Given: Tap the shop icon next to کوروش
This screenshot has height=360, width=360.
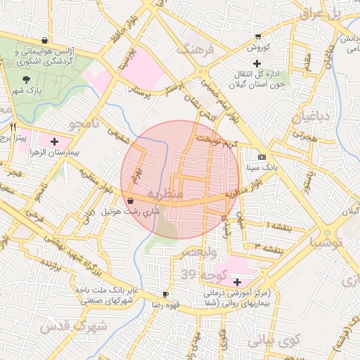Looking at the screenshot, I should (x=258, y=36).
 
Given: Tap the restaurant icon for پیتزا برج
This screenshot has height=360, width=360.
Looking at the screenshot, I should (x=13, y=127).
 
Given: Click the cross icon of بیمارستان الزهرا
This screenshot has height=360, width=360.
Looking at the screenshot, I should (x=53, y=141).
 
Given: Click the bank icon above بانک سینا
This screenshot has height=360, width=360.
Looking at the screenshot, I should (x=262, y=157).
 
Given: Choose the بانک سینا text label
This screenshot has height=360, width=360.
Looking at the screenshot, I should (x=262, y=168).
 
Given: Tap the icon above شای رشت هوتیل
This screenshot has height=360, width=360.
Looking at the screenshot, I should (x=131, y=200).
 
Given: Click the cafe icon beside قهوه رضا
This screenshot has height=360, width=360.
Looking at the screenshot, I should (x=165, y=295).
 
